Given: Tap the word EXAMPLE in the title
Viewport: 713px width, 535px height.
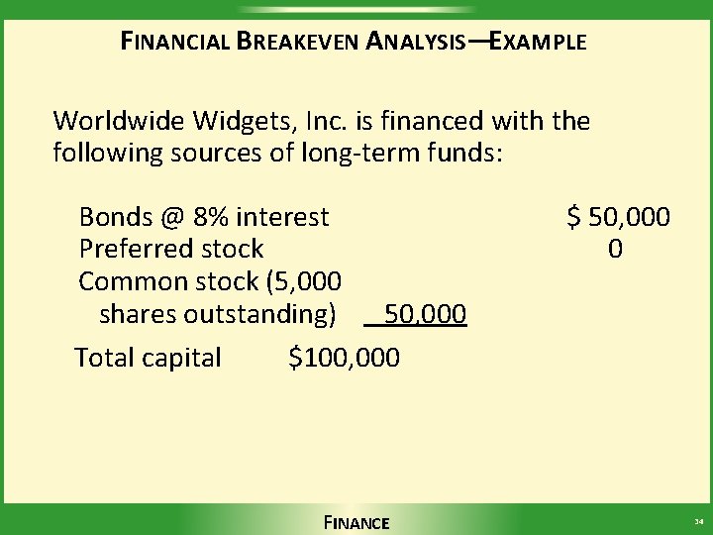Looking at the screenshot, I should [539, 43].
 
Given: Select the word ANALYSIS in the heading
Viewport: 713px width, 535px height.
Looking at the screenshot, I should [416, 43].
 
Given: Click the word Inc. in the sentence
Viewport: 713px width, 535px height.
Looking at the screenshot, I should [323, 122].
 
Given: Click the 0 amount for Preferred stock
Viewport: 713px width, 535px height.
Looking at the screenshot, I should [616, 249].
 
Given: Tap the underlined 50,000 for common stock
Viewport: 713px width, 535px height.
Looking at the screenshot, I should [425, 315].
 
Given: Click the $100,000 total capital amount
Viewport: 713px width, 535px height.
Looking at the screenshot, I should [345, 357].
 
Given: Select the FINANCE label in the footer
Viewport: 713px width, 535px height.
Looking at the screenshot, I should [356, 523].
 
